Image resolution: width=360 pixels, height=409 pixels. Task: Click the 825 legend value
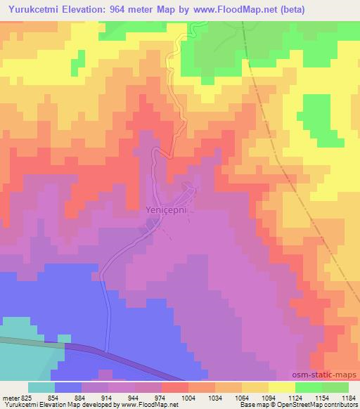pyautogui.click(x=25, y=398)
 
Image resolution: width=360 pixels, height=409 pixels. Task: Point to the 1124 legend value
pyautogui.click(x=294, y=398)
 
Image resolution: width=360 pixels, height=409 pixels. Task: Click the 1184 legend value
pyautogui.click(x=347, y=398)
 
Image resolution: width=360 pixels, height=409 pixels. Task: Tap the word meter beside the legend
pyautogui.click(x=8, y=398)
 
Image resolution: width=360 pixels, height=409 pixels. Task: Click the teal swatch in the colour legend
pyautogui.click(x=41, y=387)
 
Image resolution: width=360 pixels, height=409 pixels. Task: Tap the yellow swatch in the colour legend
pyautogui.click(x=282, y=387)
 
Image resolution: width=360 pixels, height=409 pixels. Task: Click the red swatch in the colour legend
pyautogui.click(x=174, y=387)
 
